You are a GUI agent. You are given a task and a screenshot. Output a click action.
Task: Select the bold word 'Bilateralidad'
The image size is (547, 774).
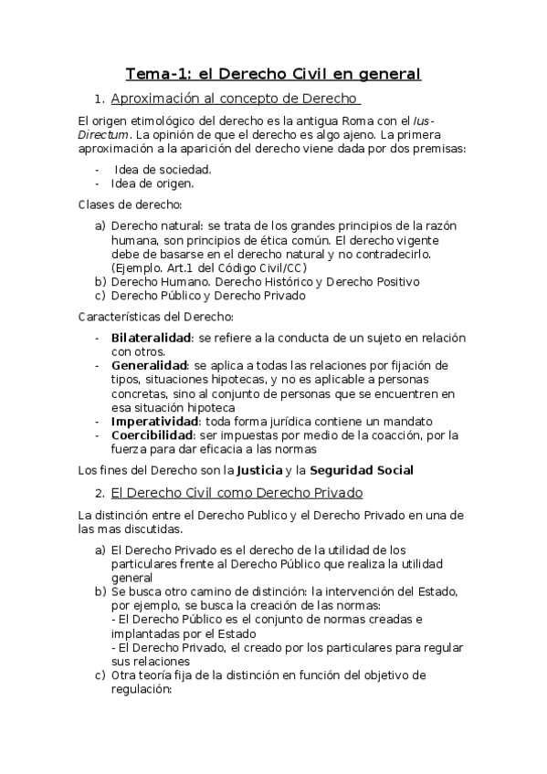[x=151, y=338]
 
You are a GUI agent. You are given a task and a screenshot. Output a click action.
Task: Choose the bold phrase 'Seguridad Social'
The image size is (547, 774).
[x=361, y=471]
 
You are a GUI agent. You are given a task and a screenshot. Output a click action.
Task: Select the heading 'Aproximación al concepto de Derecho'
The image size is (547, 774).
[x=235, y=99]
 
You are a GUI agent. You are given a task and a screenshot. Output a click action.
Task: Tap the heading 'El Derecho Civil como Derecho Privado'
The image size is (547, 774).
[x=237, y=493]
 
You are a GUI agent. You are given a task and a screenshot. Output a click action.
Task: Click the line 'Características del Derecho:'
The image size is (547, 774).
[x=155, y=318]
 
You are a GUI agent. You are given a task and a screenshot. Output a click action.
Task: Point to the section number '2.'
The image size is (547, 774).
[x=100, y=493]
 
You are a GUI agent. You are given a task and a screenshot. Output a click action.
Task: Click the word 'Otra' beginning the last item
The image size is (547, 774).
[x=125, y=676]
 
